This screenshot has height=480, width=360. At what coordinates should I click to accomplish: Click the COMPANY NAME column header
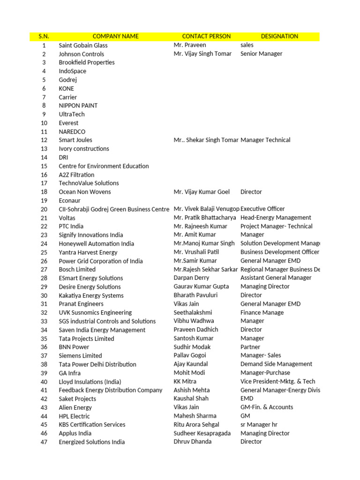pos(115,36)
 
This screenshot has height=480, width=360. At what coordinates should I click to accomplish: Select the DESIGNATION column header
pos(279,36)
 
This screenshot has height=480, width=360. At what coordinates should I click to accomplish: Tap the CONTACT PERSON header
pos(206,36)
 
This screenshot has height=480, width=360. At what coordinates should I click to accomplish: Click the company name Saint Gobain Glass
pos(83,45)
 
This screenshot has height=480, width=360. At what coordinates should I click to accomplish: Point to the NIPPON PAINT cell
pos(78,105)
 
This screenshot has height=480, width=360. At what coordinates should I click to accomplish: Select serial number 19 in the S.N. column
pos(44,200)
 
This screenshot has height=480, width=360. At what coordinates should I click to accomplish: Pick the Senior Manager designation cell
pos(261,53)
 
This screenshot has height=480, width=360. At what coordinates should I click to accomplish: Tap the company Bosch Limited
pos(77,270)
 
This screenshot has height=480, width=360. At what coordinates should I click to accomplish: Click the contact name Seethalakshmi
pos(193,312)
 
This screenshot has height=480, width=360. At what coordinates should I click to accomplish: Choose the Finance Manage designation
pos(262,312)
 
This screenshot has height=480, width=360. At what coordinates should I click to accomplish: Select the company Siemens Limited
pos(80,356)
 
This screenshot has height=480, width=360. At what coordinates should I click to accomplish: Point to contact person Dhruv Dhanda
pos(192,442)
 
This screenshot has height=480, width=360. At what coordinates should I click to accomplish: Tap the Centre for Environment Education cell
pos(104,166)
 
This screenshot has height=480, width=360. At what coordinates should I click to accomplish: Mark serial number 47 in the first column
pos(44,442)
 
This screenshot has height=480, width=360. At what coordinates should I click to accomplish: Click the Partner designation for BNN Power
pos(250,347)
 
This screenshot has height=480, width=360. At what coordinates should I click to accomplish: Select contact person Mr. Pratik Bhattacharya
pos(204,217)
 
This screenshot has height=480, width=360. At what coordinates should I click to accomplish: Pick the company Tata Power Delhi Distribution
pos(97,364)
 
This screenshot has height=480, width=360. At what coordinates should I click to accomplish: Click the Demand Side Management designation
pos(276,364)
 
